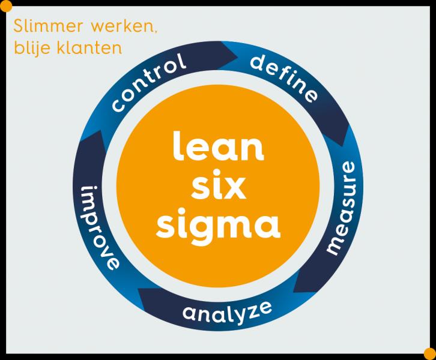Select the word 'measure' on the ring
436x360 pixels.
(345, 215)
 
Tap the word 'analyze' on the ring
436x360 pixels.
(227, 311)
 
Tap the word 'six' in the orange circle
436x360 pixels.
(218, 188)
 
